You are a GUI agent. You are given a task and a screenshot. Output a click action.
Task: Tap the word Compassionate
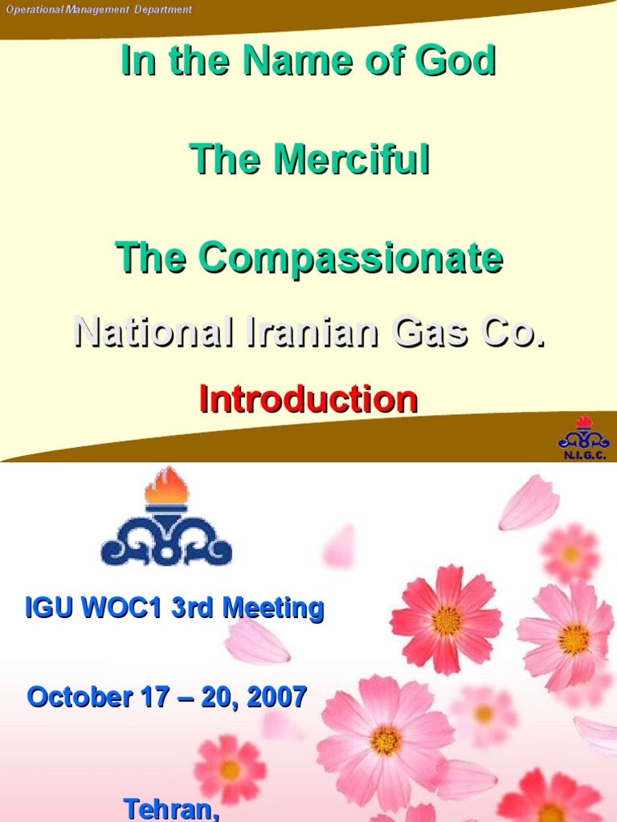(x=351, y=258)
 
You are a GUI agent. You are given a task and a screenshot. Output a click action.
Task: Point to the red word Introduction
(x=308, y=399)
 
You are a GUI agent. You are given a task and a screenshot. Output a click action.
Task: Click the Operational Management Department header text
(x=100, y=10)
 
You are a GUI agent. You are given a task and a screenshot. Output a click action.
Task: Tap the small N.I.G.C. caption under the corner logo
(x=584, y=455)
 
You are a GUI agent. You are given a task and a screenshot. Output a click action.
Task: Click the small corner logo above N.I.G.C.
(x=584, y=434)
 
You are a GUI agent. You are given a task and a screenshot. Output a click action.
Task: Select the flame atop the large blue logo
(x=166, y=486)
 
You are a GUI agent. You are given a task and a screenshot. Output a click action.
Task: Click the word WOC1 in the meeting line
(x=124, y=608)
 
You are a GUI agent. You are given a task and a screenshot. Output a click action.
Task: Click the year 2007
(x=277, y=696)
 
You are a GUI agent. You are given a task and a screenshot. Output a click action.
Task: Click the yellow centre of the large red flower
(x=446, y=620)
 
